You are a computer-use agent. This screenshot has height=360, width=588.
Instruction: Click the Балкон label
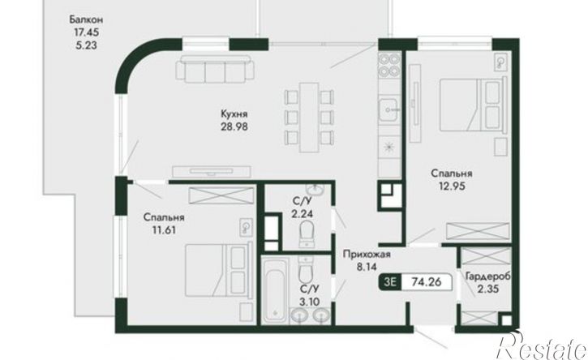pyautogui.click(x=86, y=19)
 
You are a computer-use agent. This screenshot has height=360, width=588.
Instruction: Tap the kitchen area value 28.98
pyautogui.click(x=234, y=126)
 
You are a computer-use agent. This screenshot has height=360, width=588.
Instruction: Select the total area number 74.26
pyautogui.click(x=426, y=281)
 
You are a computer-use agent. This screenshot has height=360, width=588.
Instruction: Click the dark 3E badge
pyautogui.click(x=390, y=281)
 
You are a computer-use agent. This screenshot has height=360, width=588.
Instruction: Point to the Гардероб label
pyautogui.click(x=488, y=277)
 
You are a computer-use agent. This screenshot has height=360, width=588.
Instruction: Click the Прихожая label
pyautogui.click(x=367, y=255)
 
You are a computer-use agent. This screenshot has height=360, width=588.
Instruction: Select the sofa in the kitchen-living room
pyautogui.click(x=215, y=69)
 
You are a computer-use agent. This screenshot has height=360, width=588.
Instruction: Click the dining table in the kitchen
pyautogui.click(x=309, y=117)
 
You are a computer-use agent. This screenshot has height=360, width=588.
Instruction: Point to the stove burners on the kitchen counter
pyautogui.click(x=389, y=65)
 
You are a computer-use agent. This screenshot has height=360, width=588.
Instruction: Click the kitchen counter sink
pyautogui.click(x=389, y=109)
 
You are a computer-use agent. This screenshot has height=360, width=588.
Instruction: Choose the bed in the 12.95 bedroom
pyautogui.click(x=470, y=105)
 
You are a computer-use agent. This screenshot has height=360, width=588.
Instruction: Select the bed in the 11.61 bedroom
pyautogui.click(x=217, y=270)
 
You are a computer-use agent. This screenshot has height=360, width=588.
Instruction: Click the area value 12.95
pyautogui.click(x=453, y=186)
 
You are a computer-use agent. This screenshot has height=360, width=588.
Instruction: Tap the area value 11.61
pyautogui.click(x=164, y=230)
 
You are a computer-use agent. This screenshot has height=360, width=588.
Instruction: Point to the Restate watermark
pyautogui.click(x=542, y=345)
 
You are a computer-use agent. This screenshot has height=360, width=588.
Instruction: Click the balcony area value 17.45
pyautogui.click(x=86, y=32)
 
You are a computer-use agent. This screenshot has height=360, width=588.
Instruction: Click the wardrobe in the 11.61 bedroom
pyautogui.click(x=221, y=195)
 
